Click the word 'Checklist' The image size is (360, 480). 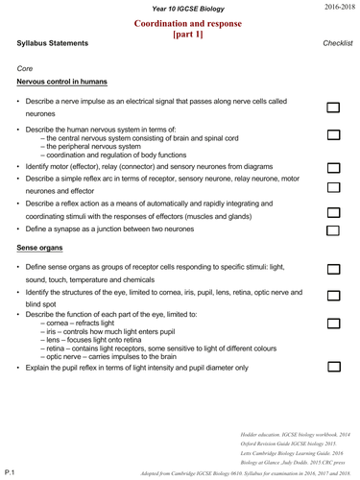(x=338, y=44)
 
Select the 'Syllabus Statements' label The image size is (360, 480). (x=53, y=44)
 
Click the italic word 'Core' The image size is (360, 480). (x=26, y=68)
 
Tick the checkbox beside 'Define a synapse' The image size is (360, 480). (x=333, y=230)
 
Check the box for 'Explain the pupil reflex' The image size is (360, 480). (x=333, y=368)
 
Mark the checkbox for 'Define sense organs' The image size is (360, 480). (x=333, y=272)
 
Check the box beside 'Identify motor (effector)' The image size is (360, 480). (x=333, y=167)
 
